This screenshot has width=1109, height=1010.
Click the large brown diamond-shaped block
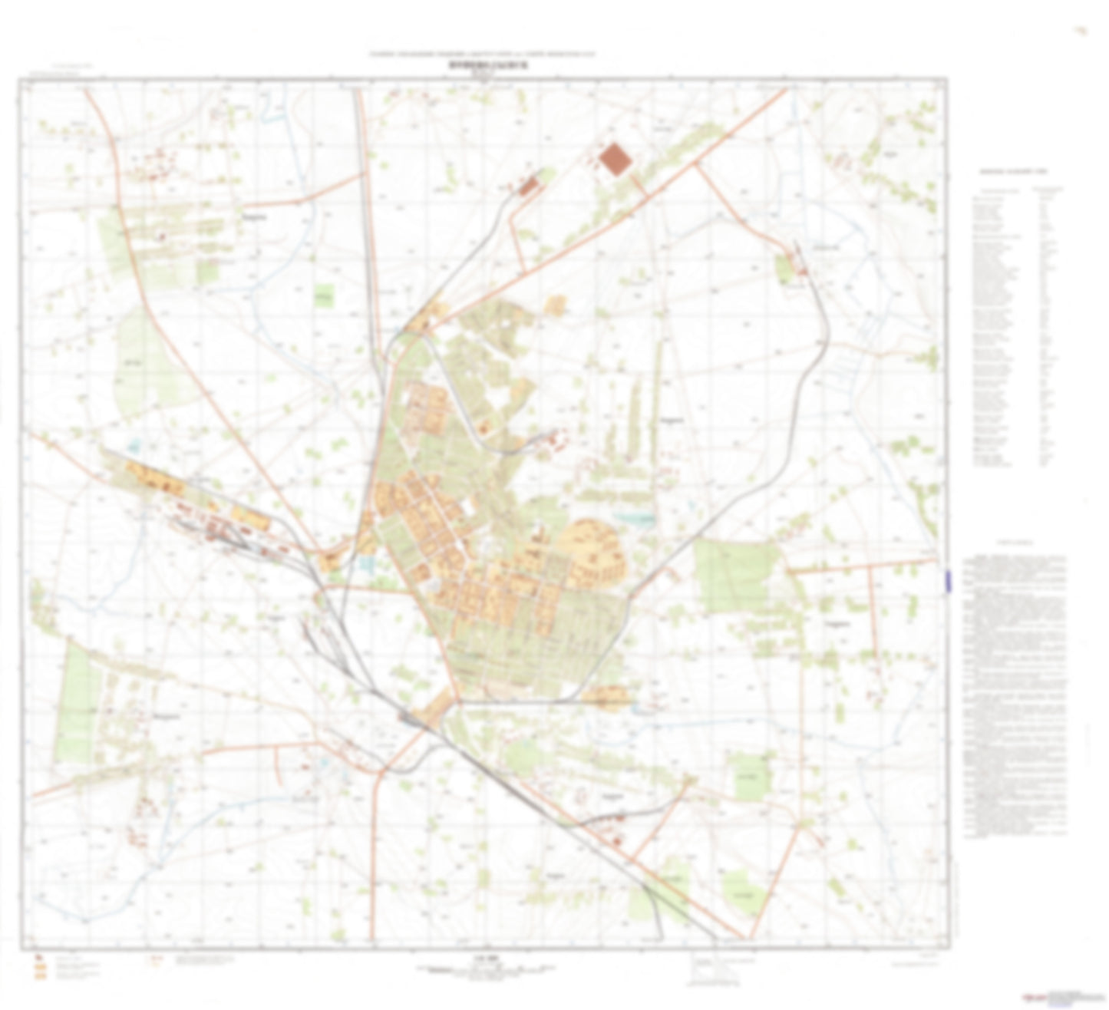pos(616,159)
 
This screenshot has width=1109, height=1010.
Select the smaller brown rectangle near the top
pos(529,186)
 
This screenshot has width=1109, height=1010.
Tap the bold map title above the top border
pos(484,66)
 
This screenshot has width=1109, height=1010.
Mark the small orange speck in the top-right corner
pos(1082,31)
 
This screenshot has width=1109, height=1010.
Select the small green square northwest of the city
pos(325,296)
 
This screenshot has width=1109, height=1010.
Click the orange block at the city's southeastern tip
pos(606,697)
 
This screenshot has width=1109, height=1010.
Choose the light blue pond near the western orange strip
pos(136,444)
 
